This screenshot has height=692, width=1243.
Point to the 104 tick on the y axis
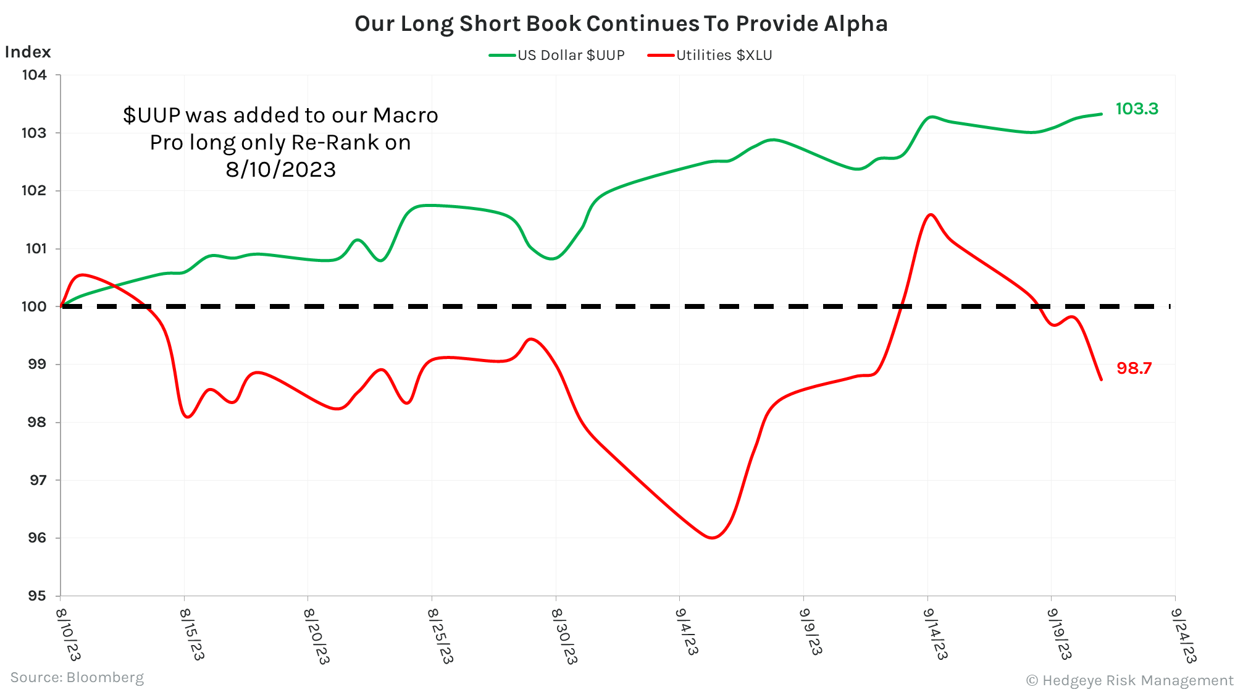tap(35, 75)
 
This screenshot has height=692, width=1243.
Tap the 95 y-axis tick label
tap(36, 596)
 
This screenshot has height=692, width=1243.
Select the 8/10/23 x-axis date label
tap(68, 634)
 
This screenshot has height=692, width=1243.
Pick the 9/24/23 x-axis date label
tap(1183, 634)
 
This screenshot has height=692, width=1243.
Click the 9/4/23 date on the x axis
tap(687, 631)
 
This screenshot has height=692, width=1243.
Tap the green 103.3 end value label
tap(1136, 109)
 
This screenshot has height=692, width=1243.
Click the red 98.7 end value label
tap(1134, 368)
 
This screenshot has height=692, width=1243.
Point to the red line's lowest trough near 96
tap(713, 538)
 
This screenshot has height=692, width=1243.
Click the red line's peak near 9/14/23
tap(931, 214)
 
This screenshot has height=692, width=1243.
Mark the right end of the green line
tap(1101, 114)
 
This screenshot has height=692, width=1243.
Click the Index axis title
tap(28, 52)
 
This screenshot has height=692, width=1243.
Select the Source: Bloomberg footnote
tap(77, 677)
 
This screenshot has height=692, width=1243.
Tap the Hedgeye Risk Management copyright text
tap(1129, 680)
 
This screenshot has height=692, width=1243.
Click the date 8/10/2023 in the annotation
tap(280, 169)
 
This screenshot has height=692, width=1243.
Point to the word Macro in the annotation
tap(405, 115)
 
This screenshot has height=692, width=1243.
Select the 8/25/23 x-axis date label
tap(440, 634)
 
